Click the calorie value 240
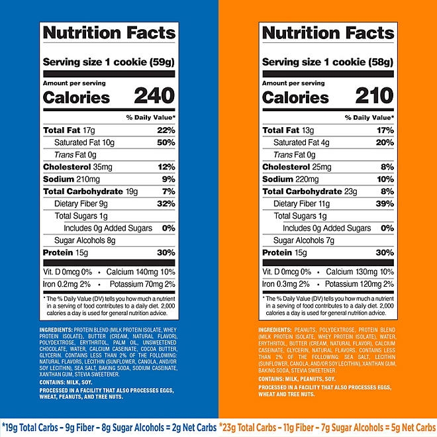[x=154, y=97]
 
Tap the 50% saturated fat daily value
[x=166, y=142]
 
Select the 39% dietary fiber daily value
[x=385, y=204]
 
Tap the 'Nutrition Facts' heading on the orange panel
[x=328, y=33]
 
